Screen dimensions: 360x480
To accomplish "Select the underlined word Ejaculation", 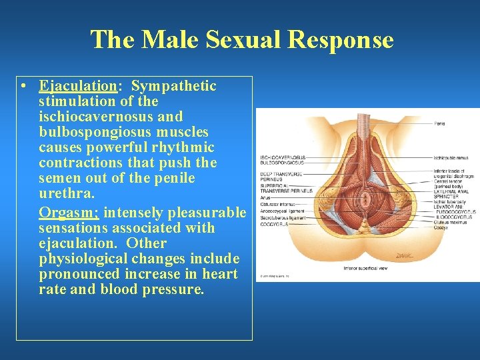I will click(x=77, y=86).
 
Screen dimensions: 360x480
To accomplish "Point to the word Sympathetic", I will click(x=174, y=86).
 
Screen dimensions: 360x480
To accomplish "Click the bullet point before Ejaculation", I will click(x=23, y=87).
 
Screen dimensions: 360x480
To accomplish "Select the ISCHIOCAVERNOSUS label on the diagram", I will click(x=282, y=157).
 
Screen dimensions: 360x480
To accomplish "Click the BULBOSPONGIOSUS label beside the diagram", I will click(x=282, y=163).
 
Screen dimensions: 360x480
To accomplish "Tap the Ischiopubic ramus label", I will click(x=451, y=158).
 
